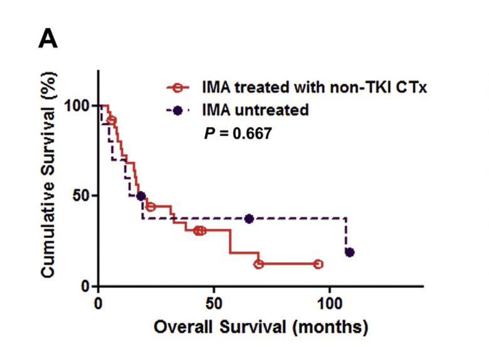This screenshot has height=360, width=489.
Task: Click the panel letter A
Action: coord(50,40)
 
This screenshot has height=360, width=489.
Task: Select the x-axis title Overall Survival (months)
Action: coord(260,327)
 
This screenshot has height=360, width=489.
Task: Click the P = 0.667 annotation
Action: coord(236,134)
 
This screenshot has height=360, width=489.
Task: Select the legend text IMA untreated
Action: coord(256,110)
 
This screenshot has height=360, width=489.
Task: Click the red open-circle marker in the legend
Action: coord(178,87)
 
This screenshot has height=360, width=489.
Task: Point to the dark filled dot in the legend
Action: coord(178,110)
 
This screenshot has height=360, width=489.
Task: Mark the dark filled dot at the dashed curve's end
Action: coord(350,252)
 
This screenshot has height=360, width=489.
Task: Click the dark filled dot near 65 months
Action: coord(249,219)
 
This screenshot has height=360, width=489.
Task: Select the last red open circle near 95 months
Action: coord(318,264)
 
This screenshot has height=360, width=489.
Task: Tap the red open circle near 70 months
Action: coord(258,264)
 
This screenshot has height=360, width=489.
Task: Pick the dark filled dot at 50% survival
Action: coord(141,196)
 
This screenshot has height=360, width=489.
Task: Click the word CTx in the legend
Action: coord(412,87)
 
